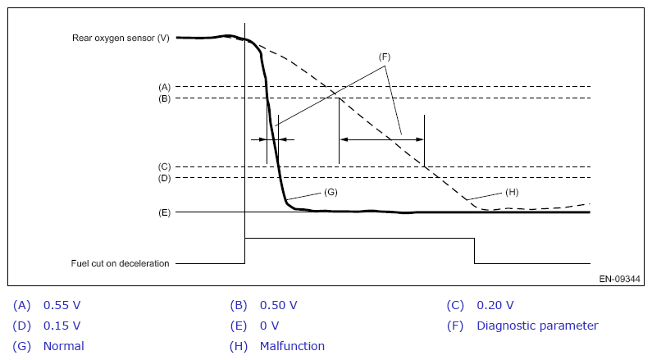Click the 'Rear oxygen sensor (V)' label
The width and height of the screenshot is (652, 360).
point(121,38)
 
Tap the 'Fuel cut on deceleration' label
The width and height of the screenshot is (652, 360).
point(120,263)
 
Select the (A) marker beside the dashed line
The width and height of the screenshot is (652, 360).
point(164,87)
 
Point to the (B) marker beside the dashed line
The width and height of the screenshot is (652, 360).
point(164,99)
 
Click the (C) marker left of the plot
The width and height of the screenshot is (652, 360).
point(164,167)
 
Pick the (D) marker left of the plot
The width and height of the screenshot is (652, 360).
point(164,178)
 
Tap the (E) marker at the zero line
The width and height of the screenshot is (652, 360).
point(164,213)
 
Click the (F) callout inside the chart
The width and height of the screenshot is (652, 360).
point(384,57)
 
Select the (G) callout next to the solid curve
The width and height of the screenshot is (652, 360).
point(331,192)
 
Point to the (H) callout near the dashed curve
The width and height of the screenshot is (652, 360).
point(512,192)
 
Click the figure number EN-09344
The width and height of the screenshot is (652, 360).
point(619,279)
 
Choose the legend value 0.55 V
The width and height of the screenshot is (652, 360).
point(62,305)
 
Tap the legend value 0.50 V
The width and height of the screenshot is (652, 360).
point(279,305)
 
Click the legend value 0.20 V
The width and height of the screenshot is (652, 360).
point(495,305)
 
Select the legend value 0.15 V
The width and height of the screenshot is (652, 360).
point(62,326)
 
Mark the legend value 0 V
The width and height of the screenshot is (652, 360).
point(270,326)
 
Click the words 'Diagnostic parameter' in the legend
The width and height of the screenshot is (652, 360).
point(537,326)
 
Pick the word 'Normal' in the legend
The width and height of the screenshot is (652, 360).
point(64,346)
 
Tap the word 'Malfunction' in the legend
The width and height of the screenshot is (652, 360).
point(292,346)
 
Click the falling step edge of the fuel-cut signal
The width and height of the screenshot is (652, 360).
point(475,251)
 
